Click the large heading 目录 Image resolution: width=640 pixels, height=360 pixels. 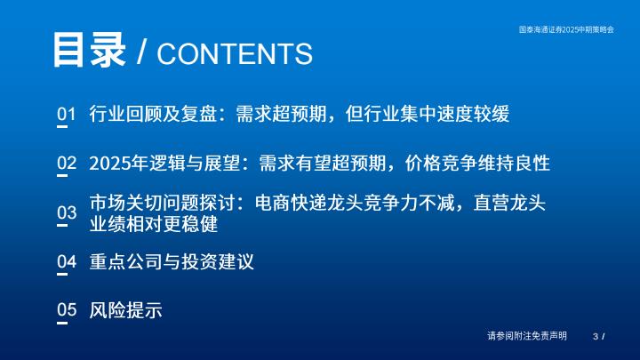point(89,50)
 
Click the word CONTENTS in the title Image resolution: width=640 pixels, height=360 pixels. point(235,54)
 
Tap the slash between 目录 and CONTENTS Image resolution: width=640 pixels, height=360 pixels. point(141,52)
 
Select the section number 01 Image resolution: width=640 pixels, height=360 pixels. point(67,114)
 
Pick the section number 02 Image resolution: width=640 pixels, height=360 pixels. point(67,163)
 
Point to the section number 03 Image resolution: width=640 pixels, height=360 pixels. point(67,212)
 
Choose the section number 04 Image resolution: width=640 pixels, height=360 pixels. point(67,261)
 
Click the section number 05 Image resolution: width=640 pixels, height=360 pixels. point(67,310)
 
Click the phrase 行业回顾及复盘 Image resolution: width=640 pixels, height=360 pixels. point(153,114)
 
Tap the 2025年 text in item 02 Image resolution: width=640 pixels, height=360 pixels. point(118,164)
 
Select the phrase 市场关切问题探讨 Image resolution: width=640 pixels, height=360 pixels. point(162,204)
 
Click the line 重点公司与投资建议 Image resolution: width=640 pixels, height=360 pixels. point(172,261)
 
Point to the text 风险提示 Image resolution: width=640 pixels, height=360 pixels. point(125,310)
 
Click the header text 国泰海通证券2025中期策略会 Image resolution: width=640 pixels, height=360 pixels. point(566,29)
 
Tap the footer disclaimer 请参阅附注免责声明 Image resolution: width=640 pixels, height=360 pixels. point(527,336)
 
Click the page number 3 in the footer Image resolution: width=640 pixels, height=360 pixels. point(596,336)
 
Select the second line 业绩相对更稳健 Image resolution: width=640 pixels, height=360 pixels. point(154,224)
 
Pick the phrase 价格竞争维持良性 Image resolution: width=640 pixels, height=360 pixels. point(477,164)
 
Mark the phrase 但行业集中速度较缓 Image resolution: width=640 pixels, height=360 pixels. point(428,114)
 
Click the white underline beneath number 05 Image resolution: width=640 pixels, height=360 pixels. point(62,323)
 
